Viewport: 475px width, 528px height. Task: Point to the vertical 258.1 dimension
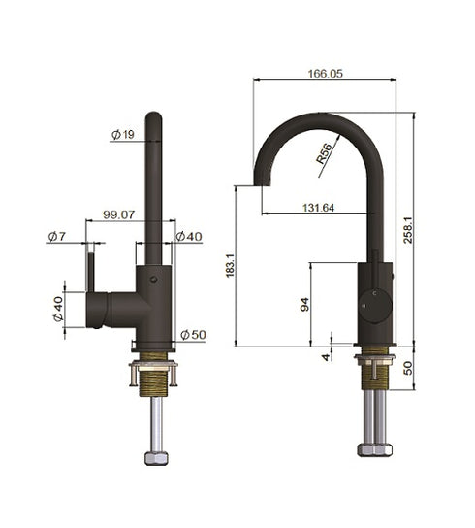tap(410, 229)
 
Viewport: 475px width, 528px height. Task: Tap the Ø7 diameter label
tap(55, 237)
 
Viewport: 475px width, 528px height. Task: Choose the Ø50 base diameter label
tap(193, 335)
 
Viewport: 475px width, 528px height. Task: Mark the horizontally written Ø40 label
tap(189, 237)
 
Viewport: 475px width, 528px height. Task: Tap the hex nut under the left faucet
tap(154, 456)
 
